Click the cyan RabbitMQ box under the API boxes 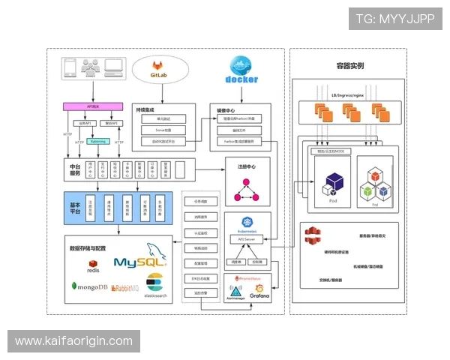pos(97,140)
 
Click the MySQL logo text pos(139,262)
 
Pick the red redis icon pos(93,265)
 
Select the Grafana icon pos(259,289)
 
